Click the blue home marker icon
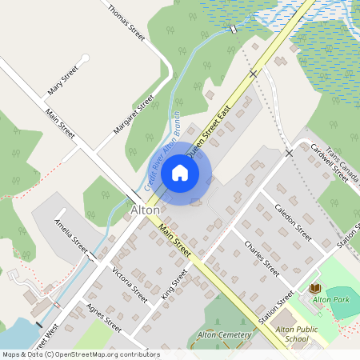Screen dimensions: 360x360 tap(180, 173)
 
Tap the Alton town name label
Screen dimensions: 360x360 tap(145, 210)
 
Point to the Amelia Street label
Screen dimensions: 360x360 tap(70, 233)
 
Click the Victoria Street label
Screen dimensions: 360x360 tap(130, 284)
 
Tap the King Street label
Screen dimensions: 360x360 tap(174, 284)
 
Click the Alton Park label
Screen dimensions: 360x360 tap(331, 298)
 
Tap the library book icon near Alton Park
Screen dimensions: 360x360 tap(314, 288)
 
